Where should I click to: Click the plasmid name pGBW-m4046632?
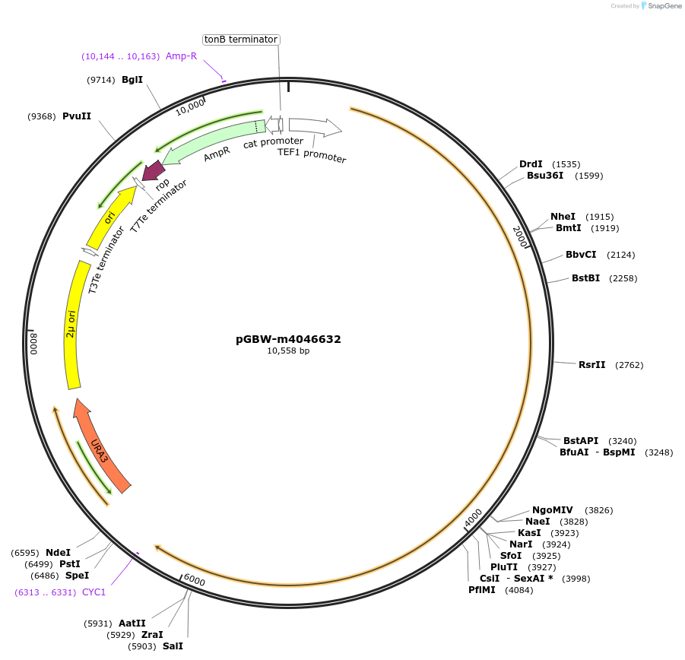pyautogui.click(x=288, y=339)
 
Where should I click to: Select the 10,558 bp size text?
pyautogui.click(x=288, y=351)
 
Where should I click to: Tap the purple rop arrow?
pyautogui.click(x=153, y=172)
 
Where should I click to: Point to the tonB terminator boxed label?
pyautogui.click(x=241, y=40)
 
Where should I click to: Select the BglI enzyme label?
pyautogui.click(x=132, y=79)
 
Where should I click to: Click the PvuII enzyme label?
pyautogui.click(x=77, y=116)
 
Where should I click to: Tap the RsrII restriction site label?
pyautogui.click(x=591, y=365)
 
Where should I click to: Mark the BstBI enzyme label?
pyautogui.click(x=585, y=278)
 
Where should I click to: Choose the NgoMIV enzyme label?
pyautogui.click(x=552, y=510)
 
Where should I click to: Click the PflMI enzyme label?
pyautogui.click(x=482, y=590)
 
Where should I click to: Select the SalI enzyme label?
pyautogui.click(x=173, y=646)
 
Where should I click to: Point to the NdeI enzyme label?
pyautogui.click(x=58, y=552)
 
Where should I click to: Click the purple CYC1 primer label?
pyautogui.click(x=94, y=592)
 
